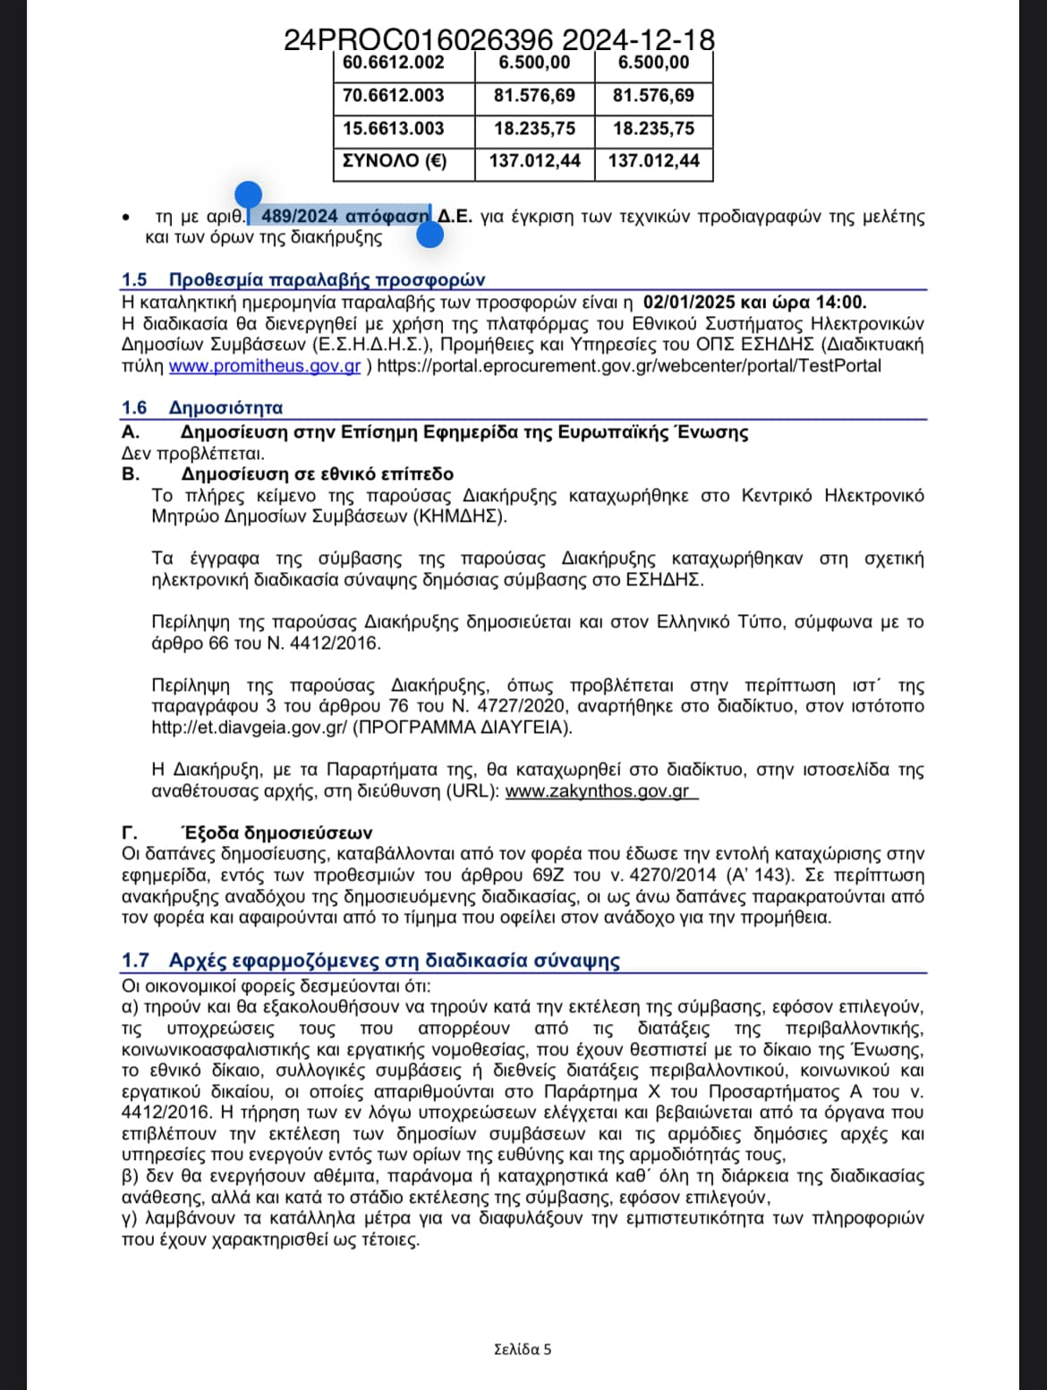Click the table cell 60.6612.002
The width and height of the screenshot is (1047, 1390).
pos(393,63)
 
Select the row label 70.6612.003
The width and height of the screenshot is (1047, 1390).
pos(393,96)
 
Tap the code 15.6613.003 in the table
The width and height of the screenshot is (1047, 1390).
pos(393,128)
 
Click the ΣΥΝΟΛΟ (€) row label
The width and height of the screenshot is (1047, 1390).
pos(394,161)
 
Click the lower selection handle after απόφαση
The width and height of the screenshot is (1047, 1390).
pos(430,235)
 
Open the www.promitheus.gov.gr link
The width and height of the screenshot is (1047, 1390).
pos(265,366)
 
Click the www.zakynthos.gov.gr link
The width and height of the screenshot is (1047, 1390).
pos(597,791)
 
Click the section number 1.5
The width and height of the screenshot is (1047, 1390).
pos(134,280)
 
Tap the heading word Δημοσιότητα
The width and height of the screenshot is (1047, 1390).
pos(226,408)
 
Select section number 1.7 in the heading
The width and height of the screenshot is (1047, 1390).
pos(135,960)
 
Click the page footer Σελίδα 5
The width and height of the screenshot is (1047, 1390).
pos(523,1349)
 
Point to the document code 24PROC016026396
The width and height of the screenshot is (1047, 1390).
pos(418,40)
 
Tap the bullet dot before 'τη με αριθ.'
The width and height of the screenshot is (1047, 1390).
pos(127,217)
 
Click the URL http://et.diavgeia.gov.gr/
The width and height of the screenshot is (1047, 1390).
pos(249,728)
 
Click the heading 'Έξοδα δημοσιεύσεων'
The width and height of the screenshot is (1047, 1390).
pos(277,833)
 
